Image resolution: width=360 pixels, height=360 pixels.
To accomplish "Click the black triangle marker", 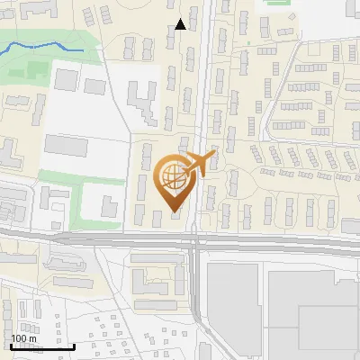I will [x=181, y=24].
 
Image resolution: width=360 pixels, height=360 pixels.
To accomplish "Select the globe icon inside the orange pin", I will [x=173, y=177].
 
